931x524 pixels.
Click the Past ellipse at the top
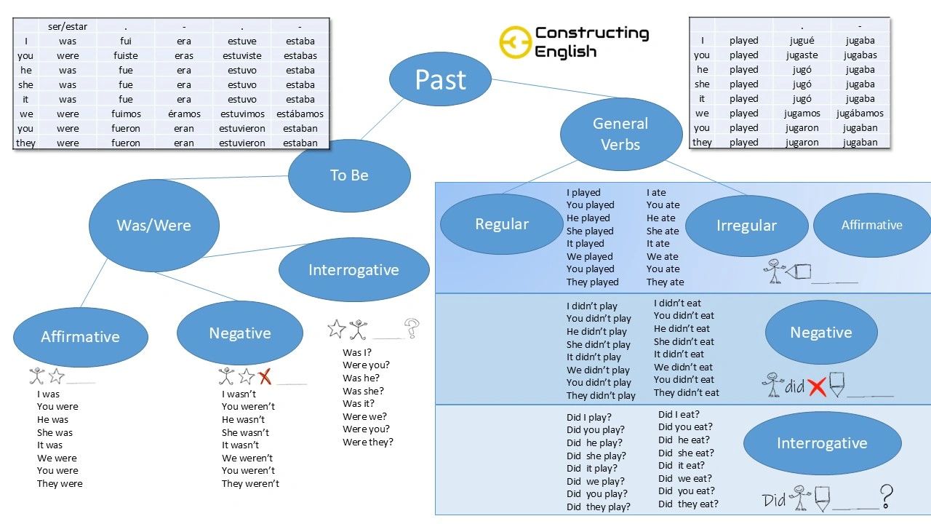point(440,79)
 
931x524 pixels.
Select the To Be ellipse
point(349,175)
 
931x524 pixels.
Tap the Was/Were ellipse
point(154,225)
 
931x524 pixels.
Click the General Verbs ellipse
point(620,134)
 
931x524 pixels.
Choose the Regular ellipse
point(502,224)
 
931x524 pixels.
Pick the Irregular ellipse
point(746,226)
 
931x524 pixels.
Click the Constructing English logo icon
point(514,42)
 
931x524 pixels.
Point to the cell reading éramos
point(183,114)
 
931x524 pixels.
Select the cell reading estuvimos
point(242,114)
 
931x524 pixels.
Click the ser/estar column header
point(68,26)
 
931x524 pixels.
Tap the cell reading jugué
point(801,41)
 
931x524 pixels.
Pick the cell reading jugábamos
point(860,114)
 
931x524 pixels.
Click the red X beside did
point(817,387)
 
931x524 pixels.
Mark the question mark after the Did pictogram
point(886,497)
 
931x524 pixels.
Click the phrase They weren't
point(250,484)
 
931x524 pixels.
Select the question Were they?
point(367,442)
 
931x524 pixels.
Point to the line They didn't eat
point(686,393)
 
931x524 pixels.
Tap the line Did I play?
point(589,418)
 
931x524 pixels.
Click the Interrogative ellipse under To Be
point(353,270)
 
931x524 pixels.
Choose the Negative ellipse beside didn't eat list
point(820,333)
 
